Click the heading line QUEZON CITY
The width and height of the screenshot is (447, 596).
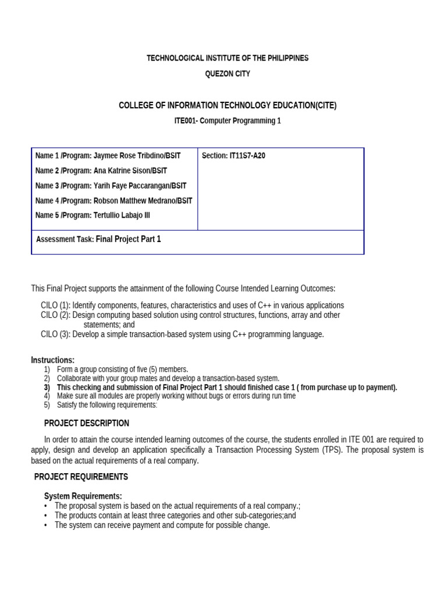pos(228,74)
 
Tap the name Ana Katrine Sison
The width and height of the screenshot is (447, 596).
pos(121,171)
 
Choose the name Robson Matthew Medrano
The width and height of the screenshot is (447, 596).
pos(132,201)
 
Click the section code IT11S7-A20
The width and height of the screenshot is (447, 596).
pos(247,156)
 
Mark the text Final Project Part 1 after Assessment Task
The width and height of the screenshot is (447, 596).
pos(128,239)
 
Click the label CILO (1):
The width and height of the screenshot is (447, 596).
pos(55,306)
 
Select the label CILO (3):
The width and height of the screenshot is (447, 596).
pos(55,334)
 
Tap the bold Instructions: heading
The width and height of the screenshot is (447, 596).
pos(53,360)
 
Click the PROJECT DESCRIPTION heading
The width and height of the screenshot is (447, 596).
pos(87,423)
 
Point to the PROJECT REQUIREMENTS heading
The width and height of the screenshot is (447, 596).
pos(81,477)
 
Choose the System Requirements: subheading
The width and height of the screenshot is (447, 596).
pos(83,496)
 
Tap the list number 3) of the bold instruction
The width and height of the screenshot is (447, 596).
pos(47,388)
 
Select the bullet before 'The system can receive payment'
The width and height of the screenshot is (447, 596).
pos(46,525)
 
